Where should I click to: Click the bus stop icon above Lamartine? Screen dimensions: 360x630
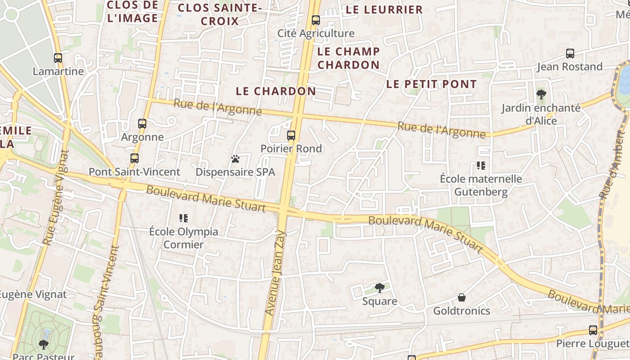[58, 58]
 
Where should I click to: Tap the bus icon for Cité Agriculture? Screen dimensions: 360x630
[316, 20]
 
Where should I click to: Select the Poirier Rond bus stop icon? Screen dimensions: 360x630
[291, 135]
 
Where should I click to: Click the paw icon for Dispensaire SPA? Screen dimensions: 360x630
[235, 159]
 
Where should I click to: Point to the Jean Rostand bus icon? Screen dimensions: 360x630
[570, 54]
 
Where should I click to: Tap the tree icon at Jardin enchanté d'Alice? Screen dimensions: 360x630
[541, 94]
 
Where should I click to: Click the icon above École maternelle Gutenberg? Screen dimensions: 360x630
[481, 166]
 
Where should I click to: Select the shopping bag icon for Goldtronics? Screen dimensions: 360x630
[462, 297]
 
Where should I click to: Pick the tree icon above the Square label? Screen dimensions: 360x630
[380, 288]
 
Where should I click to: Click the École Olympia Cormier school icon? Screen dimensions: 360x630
[184, 218]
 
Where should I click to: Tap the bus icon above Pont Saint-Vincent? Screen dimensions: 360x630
[135, 158]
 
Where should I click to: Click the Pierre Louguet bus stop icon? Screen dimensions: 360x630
[593, 330]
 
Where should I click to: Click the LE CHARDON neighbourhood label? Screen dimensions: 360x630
[276, 91]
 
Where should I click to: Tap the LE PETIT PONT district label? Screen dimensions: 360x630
[431, 84]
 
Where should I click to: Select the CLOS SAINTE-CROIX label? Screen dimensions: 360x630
[219, 14]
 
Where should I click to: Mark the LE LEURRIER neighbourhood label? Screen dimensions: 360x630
[384, 9]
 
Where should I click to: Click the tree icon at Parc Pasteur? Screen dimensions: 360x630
[44, 345]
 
